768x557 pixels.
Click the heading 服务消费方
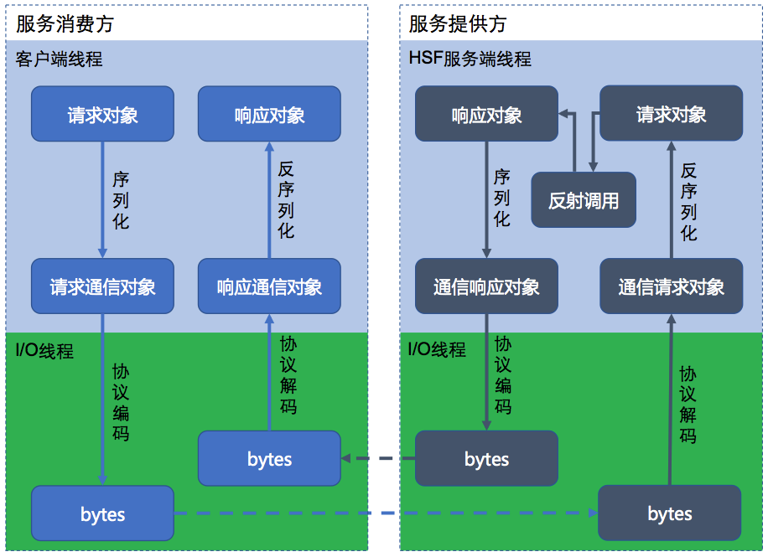65,24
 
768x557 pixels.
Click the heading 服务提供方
458,24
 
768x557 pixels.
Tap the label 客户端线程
60,59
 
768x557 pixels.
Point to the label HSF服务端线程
470,59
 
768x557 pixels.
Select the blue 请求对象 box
102,114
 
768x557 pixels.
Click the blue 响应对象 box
269,114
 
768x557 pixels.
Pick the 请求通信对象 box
102,286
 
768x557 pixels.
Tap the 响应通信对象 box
269,286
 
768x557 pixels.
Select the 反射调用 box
584,200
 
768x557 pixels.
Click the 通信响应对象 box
486,286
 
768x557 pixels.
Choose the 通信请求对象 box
671,286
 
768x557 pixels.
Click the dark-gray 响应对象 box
486,114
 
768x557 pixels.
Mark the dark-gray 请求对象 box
671,114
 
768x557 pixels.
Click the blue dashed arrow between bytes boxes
386,513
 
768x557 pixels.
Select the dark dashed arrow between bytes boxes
379,458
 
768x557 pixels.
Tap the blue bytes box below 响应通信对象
269,458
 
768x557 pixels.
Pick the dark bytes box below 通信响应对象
486,458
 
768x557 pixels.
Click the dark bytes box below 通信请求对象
669,513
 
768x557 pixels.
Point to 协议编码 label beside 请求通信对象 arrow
121,402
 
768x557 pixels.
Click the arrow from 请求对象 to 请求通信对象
102,199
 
